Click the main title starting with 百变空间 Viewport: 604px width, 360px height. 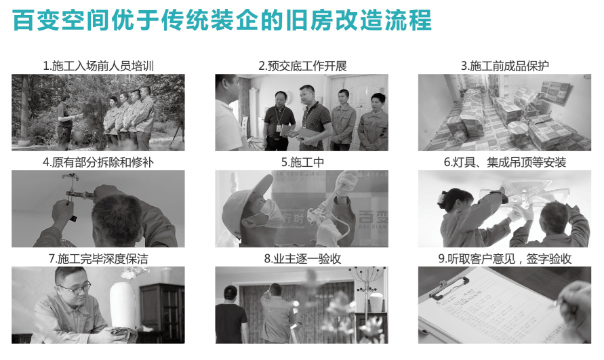point(222,20)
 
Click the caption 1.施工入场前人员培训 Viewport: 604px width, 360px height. point(98,66)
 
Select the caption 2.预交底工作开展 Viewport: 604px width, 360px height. point(302,66)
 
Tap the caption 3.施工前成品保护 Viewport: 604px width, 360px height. point(504,66)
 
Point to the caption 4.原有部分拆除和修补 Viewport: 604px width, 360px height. point(98,163)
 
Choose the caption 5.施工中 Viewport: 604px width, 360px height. point(302,163)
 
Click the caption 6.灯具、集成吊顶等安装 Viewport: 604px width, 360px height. point(504,163)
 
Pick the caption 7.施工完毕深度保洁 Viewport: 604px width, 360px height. point(98,259)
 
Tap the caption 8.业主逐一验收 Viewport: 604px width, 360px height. point(302,259)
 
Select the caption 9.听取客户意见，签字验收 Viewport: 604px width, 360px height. point(504,259)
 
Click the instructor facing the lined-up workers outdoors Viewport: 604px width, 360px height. point(64,119)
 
